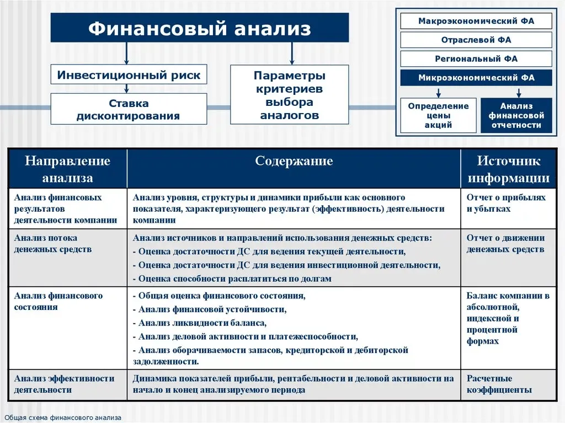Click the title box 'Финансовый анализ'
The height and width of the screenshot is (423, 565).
tap(200, 28)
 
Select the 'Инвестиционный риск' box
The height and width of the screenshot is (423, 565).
tap(129, 74)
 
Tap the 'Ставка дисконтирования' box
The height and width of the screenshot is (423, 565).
tap(129, 109)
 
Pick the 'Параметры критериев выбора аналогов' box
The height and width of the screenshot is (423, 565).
tap(289, 94)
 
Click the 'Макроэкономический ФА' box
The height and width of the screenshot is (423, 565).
tap(476, 22)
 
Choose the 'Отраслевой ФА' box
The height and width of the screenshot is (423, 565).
tap(476, 40)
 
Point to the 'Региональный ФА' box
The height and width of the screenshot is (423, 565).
tap(476, 59)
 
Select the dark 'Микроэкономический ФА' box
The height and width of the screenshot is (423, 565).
tap(476, 78)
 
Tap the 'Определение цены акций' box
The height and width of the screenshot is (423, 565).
tap(438, 115)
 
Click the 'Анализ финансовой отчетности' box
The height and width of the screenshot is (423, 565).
tap(516, 115)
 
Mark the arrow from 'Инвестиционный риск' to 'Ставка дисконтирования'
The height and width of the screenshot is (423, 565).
tap(127, 88)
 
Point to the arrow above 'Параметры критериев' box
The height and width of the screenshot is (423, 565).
tap(292, 53)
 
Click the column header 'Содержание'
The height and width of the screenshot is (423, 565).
tap(294, 161)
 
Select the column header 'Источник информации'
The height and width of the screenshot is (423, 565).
tap(508, 169)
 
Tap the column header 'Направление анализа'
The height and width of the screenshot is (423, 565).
tap(67, 169)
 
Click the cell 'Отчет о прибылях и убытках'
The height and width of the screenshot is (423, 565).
tap(506, 203)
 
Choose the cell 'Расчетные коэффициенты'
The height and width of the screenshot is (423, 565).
tap(499, 384)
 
